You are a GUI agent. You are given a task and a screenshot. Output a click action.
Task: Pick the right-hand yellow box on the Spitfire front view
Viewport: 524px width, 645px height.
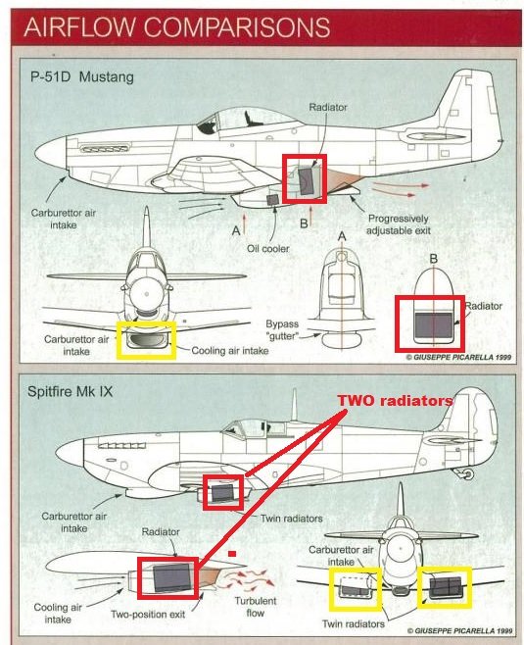point(445,585)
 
